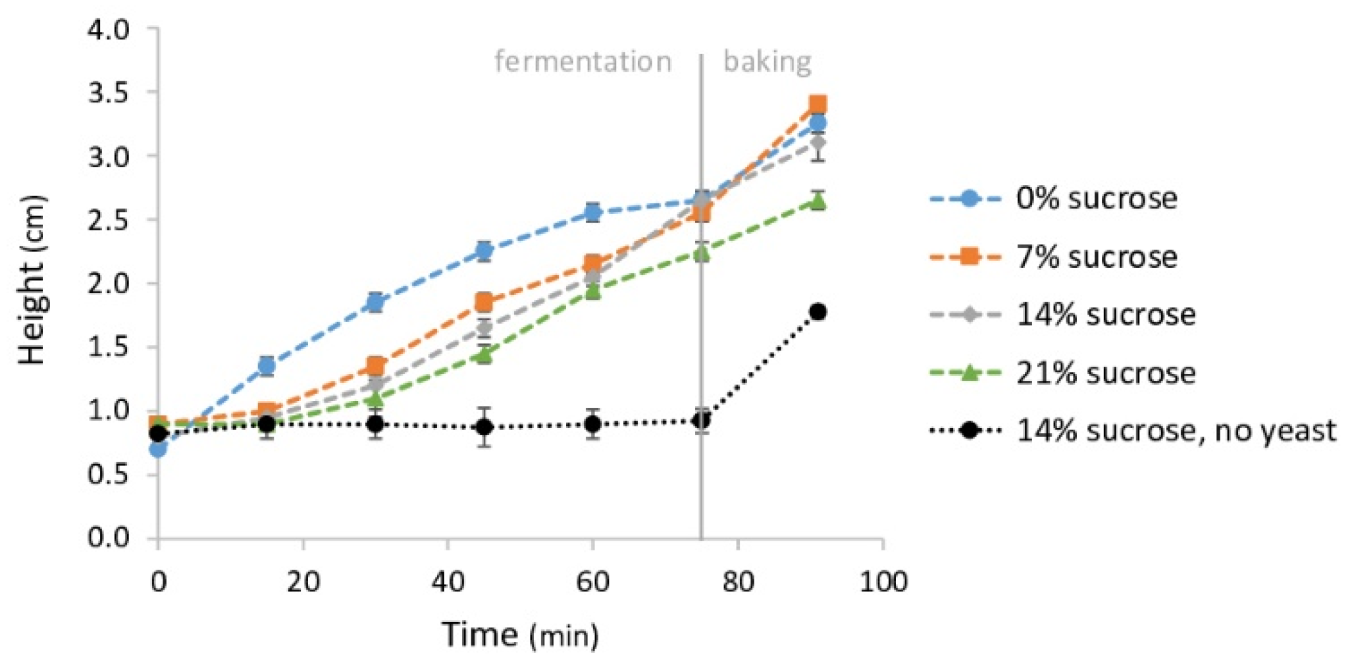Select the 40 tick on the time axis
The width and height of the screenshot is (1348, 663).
[x=448, y=581]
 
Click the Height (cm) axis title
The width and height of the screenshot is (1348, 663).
[x=32, y=280]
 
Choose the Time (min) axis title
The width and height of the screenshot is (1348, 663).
[x=520, y=635]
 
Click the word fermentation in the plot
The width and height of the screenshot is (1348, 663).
[x=583, y=62]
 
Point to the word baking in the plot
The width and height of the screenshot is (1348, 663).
[x=767, y=62]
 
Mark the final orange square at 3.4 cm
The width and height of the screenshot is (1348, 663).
[x=817, y=105]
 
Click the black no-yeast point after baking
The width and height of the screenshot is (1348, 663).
[x=818, y=312]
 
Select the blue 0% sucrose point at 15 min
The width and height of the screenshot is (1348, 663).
[x=267, y=365]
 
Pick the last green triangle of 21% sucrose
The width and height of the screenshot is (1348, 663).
[x=817, y=201]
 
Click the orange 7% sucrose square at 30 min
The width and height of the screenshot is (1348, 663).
[x=375, y=366]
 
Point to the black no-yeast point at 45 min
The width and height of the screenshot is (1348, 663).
[x=484, y=427]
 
